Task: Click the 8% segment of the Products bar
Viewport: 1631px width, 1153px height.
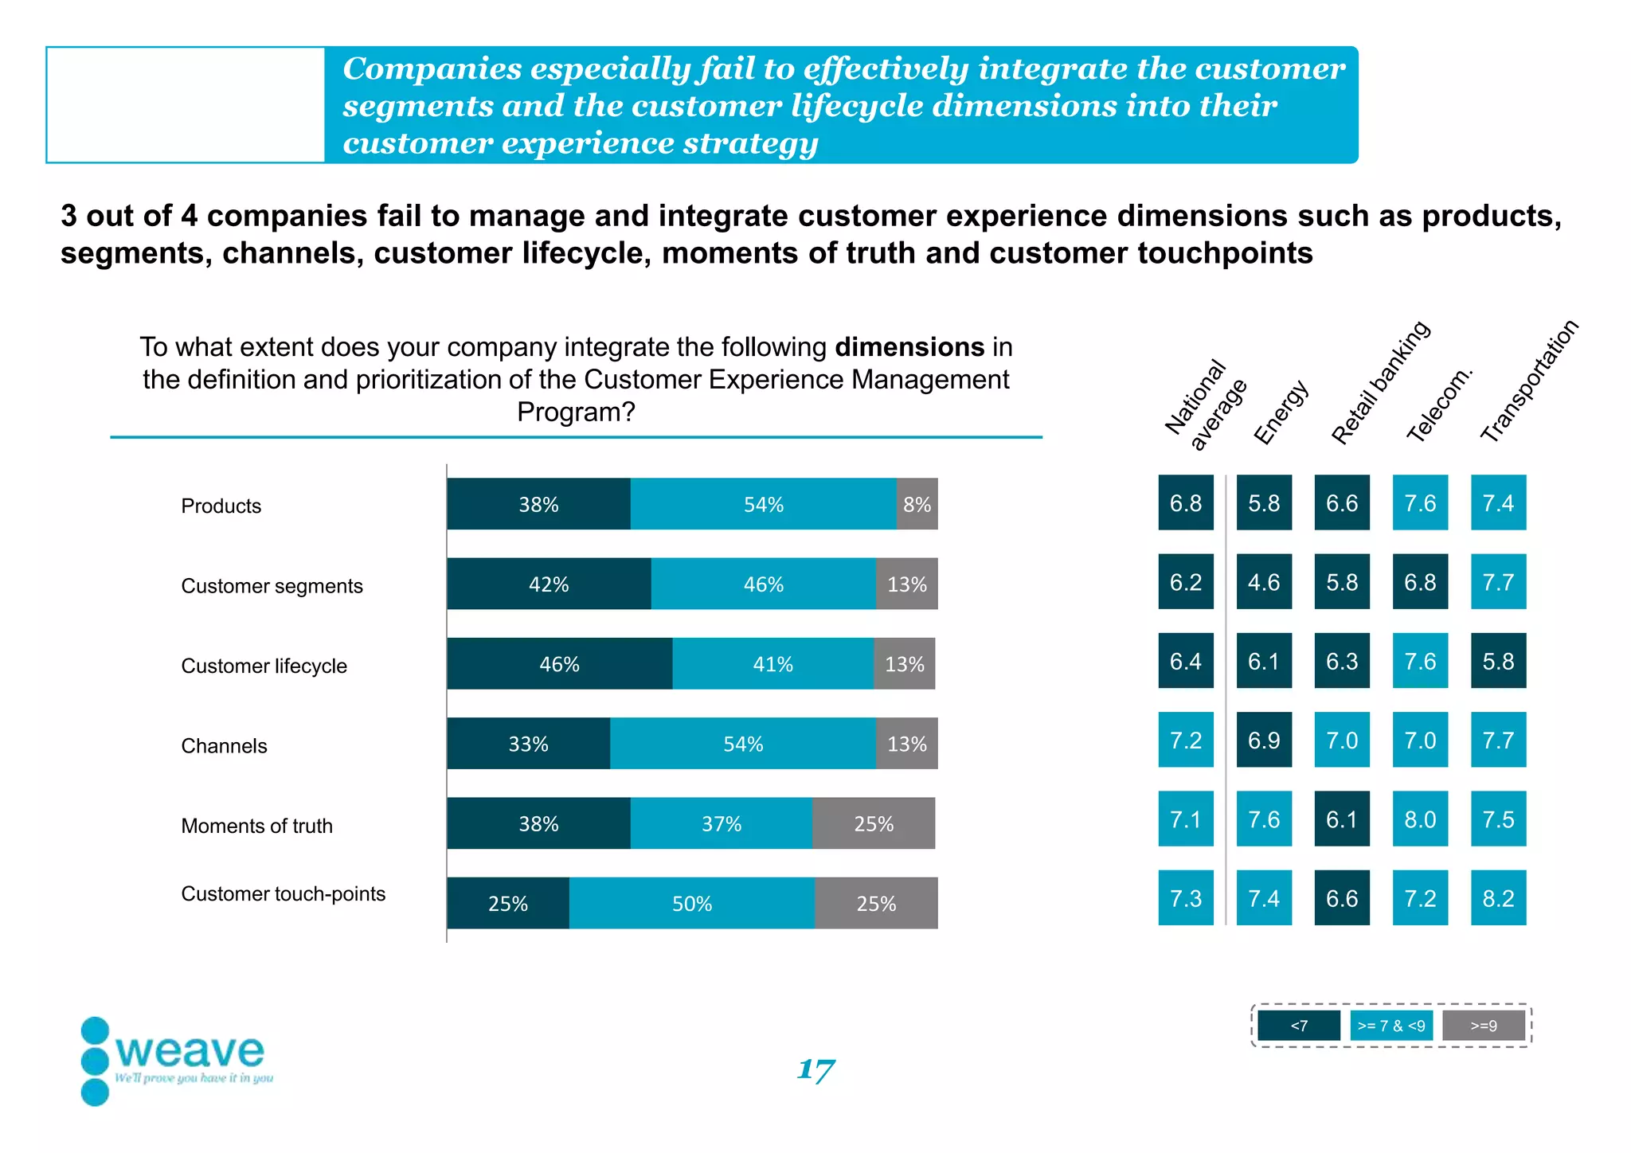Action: tap(917, 504)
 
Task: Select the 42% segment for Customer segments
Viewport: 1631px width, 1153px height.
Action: tap(549, 584)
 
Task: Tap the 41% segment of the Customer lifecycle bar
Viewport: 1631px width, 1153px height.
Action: tap(772, 663)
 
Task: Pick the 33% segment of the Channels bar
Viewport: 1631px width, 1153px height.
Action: tap(528, 744)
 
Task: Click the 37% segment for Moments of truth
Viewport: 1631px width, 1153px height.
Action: tap(721, 823)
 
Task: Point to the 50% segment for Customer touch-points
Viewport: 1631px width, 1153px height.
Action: tap(691, 903)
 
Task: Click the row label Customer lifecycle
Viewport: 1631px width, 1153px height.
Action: tap(264, 666)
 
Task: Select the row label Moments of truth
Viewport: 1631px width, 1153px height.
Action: tap(256, 826)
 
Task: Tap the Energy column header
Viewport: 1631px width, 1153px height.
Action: tap(1281, 412)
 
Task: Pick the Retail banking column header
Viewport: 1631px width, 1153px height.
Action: tap(1380, 382)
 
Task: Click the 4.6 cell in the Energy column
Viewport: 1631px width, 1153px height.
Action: tap(1264, 582)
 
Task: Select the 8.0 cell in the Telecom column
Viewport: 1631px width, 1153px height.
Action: tap(1420, 819)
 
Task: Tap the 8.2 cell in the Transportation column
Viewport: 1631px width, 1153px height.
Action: tap(1498, 898)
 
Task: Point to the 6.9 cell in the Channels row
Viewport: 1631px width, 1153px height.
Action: tap(1264, 741)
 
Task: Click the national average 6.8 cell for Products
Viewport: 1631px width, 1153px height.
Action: tap(1186, 503)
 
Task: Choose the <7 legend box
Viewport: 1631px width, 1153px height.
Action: tap(1298, 1026)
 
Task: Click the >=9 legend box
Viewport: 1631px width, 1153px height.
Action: tap(1484, 1026)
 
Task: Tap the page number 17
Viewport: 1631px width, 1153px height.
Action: tap(815, 1069)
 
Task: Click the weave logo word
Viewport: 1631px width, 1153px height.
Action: tap(190, 1051)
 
